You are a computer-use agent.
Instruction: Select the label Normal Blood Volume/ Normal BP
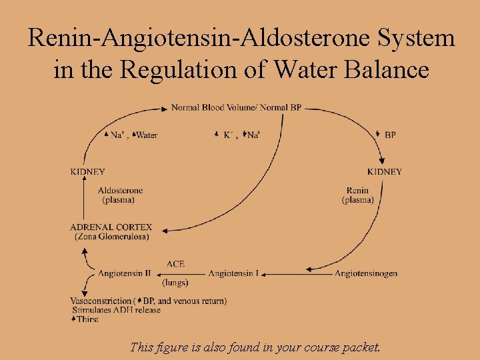236,107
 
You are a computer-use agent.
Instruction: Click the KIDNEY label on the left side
87,172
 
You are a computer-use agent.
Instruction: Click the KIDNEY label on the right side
385,172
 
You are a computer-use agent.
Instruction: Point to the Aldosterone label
120,191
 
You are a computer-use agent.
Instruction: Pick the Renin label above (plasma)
357,191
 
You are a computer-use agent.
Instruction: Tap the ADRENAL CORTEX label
111,227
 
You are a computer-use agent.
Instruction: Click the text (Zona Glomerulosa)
111,236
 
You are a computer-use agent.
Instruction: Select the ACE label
175,264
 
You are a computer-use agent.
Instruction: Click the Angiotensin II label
124,273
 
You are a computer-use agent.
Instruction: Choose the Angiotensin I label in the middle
233,273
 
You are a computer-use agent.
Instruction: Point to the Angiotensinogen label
366,273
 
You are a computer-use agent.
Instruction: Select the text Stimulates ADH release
115,310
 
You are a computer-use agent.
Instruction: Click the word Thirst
87,319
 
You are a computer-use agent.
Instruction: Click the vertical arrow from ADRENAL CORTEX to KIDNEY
83,200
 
